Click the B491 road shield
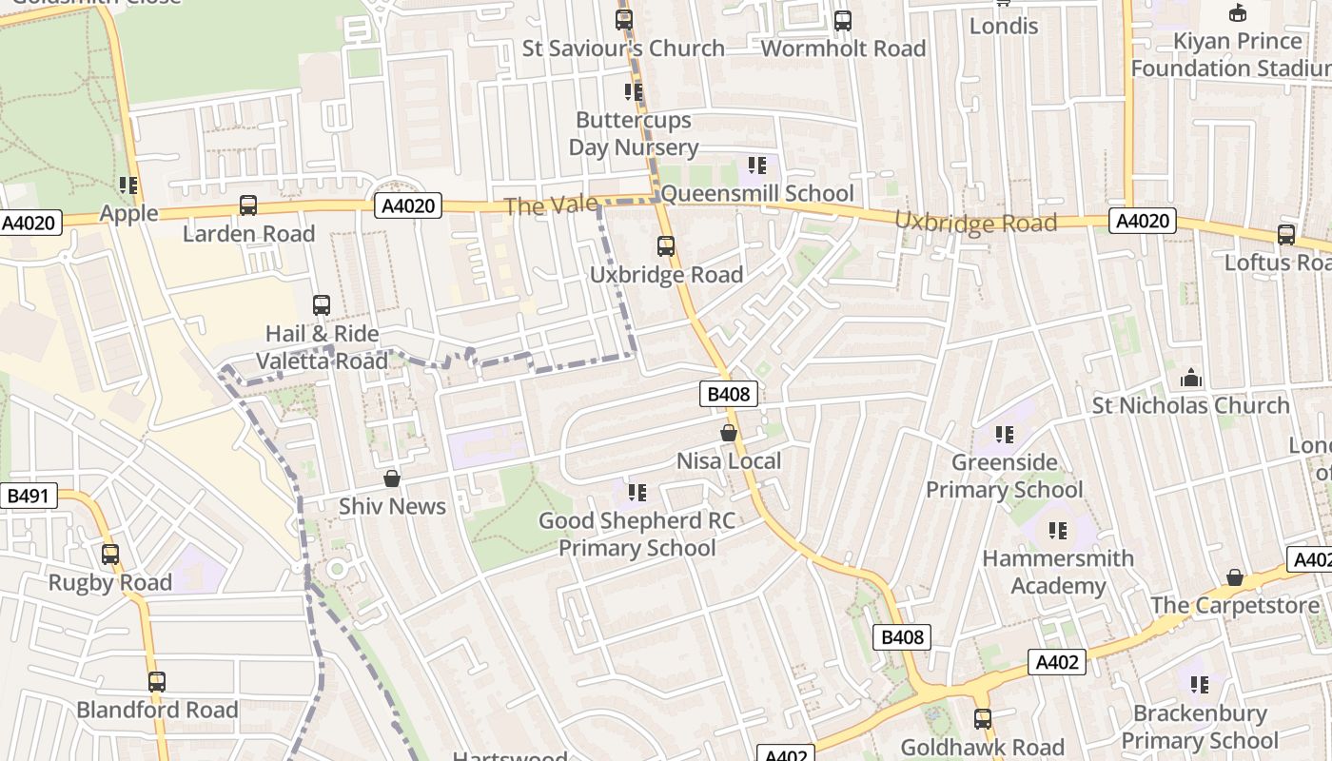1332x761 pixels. (x=29, y=496)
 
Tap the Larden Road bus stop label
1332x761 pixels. (x=248, y=233)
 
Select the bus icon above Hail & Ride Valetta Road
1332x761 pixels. (x=322, y=305)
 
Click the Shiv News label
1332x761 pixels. (x=392, y=506)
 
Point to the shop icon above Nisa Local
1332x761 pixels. (x=729, y=433)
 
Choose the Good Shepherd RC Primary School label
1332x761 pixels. (x=637, y=534)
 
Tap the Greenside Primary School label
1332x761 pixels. (x=1004, y=476)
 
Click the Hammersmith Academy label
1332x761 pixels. (x=1058, y=572)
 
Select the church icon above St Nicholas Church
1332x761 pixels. (x=1190, y=379)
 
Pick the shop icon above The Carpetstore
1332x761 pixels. (x=1234, y=577)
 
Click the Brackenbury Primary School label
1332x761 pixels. (x=1199, y=727)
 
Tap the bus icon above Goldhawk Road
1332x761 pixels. (x=982, y=719)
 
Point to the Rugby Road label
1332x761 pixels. (x=110, y=582)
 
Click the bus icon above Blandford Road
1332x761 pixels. (x=157, y=682)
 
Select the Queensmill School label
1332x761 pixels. (x=756, y=194)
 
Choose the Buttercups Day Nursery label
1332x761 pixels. (x=634, y=134)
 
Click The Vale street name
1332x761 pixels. (x=551, y=205)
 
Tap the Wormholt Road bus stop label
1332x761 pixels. (x=843, y=49)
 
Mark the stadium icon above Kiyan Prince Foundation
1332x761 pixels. (x=1237, y=13)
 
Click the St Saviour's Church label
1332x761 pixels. (x=623, y=49)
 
